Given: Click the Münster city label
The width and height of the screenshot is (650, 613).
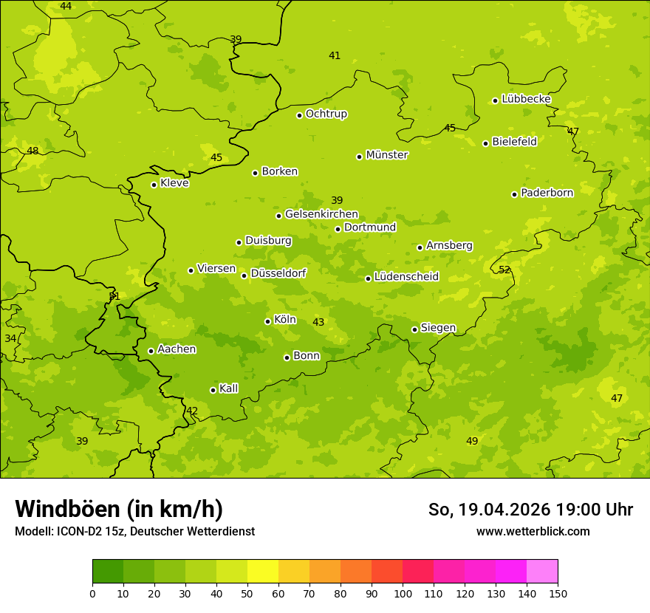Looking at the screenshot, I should click(x=386, y=155).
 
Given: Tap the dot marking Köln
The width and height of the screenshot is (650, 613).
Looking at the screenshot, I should click(x=267, y=321).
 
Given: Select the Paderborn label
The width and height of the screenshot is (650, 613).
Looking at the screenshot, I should click(x=547, y=193).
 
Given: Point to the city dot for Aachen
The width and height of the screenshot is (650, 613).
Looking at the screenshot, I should click(x=151, y=351).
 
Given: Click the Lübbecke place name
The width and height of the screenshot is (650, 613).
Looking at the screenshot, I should click(x=526, y=99).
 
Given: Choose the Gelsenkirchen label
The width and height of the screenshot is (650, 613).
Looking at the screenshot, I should click(x=321, y=214).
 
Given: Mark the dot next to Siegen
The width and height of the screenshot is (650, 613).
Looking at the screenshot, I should click(x=414, y=329).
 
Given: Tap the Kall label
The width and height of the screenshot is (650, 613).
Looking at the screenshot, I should click(x=228, y=388).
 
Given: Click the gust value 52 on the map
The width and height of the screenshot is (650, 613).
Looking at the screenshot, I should click(x=504, y=270).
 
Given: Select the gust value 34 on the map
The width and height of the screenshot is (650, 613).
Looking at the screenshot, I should click(x=10, y=338).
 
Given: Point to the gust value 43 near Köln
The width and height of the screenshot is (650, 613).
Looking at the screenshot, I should click(x=318, y=322).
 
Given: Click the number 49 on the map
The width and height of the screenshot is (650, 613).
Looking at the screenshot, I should click(x=472, y=441).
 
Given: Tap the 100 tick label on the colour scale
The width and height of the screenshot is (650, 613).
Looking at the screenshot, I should click(x=403, y=593).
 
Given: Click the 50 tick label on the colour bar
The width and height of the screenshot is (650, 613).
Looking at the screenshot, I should click(x=247, y=593).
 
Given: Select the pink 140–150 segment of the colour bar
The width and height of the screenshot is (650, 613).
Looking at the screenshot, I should click(x=542, y=572).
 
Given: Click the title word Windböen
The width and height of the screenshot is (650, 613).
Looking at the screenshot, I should click(x=67, y=509).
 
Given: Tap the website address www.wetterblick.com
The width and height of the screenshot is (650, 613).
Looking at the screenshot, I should click(x=533, y=531).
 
